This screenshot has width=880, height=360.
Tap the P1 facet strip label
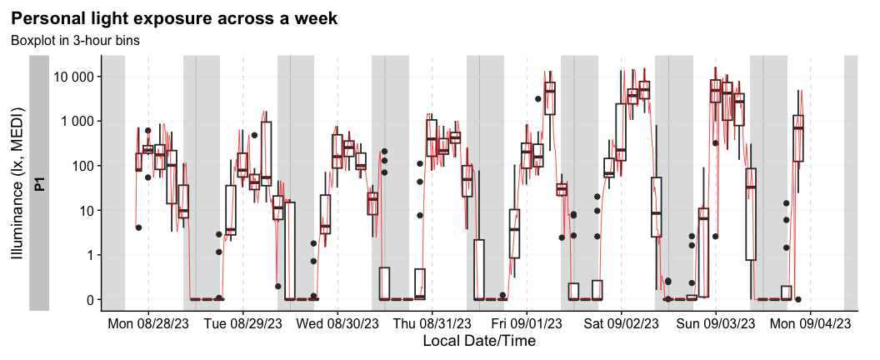pyautogui.click(x=39, y=182)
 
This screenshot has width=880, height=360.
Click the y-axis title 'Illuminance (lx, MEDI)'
pyautogui.click(x=17, y=182)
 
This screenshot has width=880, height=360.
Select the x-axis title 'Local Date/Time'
pyautogui.click(x=479, y=341)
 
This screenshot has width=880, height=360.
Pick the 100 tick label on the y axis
pyautogui.click(x=85, y=166)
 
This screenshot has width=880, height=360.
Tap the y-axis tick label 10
pyautogui.click(x=87, y=211)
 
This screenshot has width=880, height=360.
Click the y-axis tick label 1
pyautogui.click(x=91, y=255)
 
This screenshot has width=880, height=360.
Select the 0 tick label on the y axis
pyautogui.click(x=91, y=299)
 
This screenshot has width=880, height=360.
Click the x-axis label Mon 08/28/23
pyautogui.click(x=148, y=322)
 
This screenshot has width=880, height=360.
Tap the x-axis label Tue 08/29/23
pyautogui.click(x=243, y=322)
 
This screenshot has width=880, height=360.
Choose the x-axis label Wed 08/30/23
pyautogui.click(x=337, y=322)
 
